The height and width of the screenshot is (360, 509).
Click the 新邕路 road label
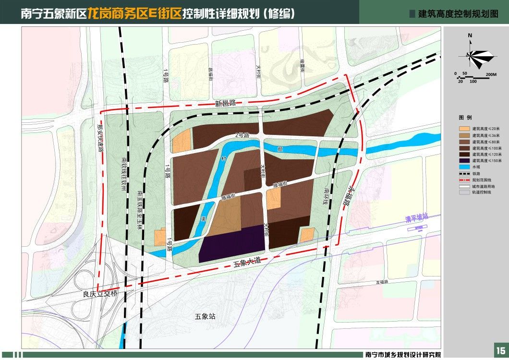(226, 104)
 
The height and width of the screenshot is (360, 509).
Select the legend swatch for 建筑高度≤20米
(464, 129)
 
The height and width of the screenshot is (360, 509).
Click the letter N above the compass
(470, 36)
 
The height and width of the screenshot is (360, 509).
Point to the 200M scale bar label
(491, 74)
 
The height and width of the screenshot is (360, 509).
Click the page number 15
(500, 349)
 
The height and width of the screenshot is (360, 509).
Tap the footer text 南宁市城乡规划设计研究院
(402, 355)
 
